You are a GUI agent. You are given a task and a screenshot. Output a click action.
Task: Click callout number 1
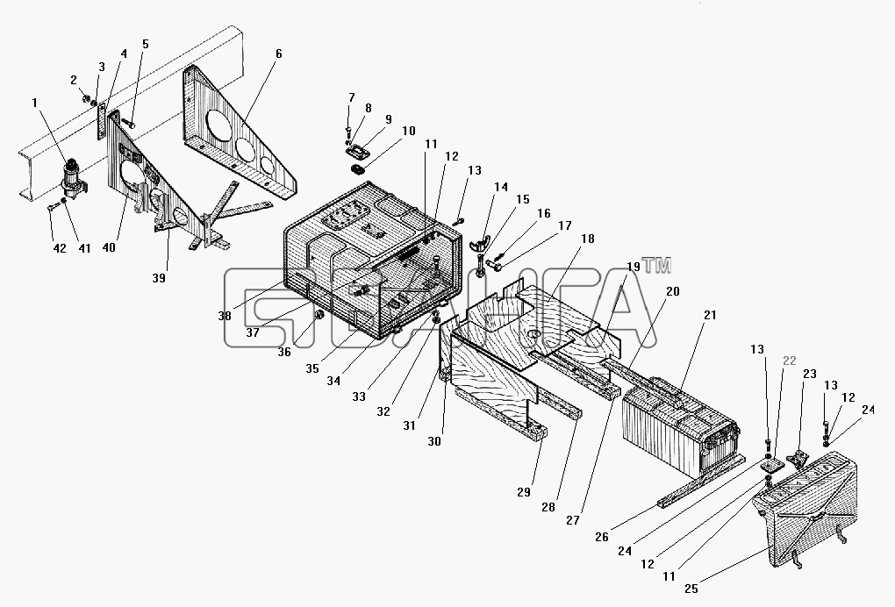click(x=35, y=103)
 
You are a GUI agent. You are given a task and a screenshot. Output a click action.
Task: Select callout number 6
click(x=278, y=54)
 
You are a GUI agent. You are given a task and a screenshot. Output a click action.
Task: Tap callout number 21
click(x=710, y=315)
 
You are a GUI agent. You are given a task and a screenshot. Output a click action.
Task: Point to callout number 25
click(x=691, y=589)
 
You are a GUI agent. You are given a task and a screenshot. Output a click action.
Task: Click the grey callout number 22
click(x=790, y=361)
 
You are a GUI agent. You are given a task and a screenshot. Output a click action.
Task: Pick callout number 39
click(x=159, y=278)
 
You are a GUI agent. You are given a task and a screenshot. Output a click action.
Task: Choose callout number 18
click(x=587, y=239)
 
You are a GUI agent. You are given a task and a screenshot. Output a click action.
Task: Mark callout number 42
click(x=60, y=248)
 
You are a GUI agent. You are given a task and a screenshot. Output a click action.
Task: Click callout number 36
click(x=284, y=352)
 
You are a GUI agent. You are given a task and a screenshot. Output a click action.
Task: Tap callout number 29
click(x=524, y=492)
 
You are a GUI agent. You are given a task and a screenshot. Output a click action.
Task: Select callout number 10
click(x=408, y=132)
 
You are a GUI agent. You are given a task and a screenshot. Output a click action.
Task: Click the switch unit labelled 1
click(x=74, y=178)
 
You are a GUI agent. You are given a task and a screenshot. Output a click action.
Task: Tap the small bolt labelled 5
click(x=129, y=123)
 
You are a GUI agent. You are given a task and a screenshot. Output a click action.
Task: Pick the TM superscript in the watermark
click(x=656, y=265)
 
